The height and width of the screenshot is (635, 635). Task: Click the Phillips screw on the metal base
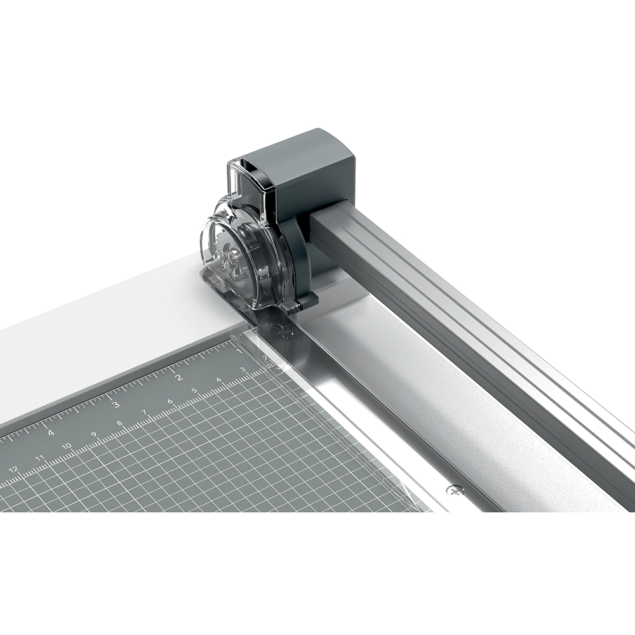455,490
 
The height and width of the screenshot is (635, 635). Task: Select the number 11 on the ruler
40,457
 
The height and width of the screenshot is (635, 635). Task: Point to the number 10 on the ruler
67,446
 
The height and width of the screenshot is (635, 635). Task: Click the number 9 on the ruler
94,435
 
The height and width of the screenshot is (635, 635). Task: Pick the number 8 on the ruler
120,424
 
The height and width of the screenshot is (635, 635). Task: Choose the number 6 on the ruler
170,401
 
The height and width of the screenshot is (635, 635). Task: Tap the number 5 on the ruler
194,391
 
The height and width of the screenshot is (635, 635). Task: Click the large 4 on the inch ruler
51,432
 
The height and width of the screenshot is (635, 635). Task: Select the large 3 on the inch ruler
116,404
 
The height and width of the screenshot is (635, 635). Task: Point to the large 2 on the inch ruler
178,377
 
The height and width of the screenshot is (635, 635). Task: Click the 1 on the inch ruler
239,351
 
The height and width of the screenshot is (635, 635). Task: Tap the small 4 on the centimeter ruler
218,380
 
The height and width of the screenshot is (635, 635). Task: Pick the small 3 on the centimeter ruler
242,370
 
